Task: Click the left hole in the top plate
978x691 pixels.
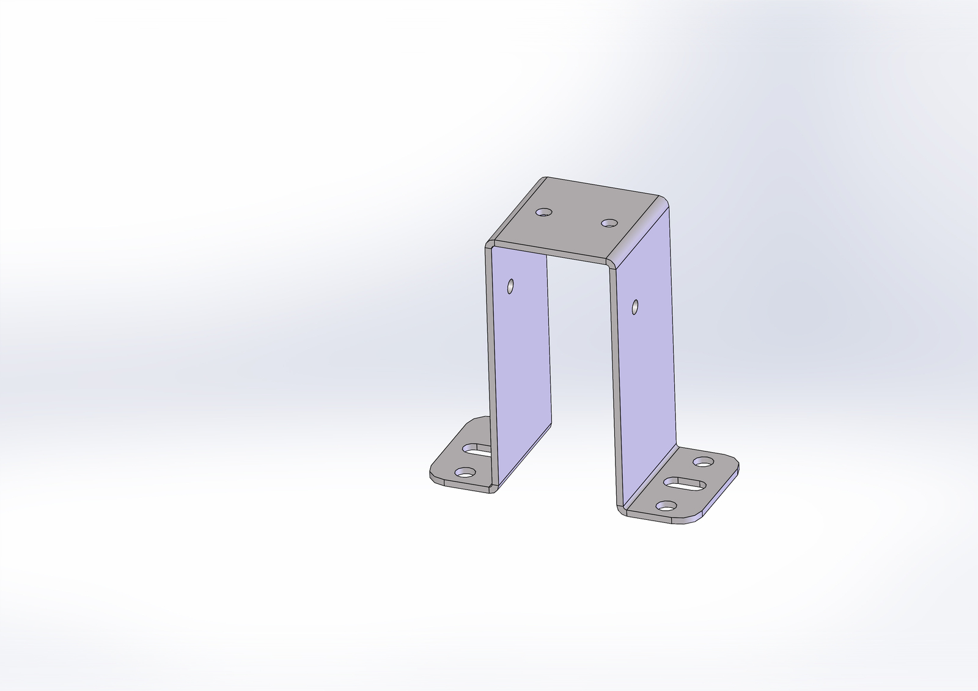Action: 543,213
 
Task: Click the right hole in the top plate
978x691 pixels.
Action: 608,224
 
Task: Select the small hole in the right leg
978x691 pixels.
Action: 636,305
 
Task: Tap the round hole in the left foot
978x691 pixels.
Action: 465,472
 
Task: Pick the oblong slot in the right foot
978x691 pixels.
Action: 686,484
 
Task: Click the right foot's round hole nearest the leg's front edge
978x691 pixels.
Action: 667,506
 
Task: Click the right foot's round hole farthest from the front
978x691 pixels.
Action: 705,462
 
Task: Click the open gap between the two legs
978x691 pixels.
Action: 581,367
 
